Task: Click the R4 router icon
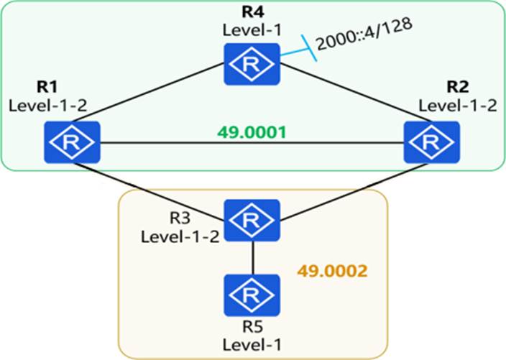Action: tap(252, 64)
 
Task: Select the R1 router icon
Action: tap(72, 142)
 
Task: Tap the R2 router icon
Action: tap(432, 142)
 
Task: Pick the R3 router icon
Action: tap(252, 221)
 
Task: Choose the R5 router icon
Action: tap(252, 295)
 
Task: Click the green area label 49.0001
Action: tap(252, 132)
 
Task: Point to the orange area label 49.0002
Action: tap(332, 272)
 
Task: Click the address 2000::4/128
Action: tap(364, 34)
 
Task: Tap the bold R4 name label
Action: tap(253, 12)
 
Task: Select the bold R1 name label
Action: tap(47, 87)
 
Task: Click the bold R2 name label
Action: tap(458, 87)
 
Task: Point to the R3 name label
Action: tap(180, 218)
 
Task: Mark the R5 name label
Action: tap(252, 326)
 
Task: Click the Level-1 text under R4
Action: tap(252, 30)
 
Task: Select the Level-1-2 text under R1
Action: tap(47, 106)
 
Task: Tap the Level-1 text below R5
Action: tap(252, 344)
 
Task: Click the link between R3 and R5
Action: tap(252, 258)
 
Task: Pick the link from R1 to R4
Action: tap(148, 93)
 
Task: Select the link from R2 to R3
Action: tap(354, 192)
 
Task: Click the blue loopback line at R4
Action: tap(298, 47)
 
